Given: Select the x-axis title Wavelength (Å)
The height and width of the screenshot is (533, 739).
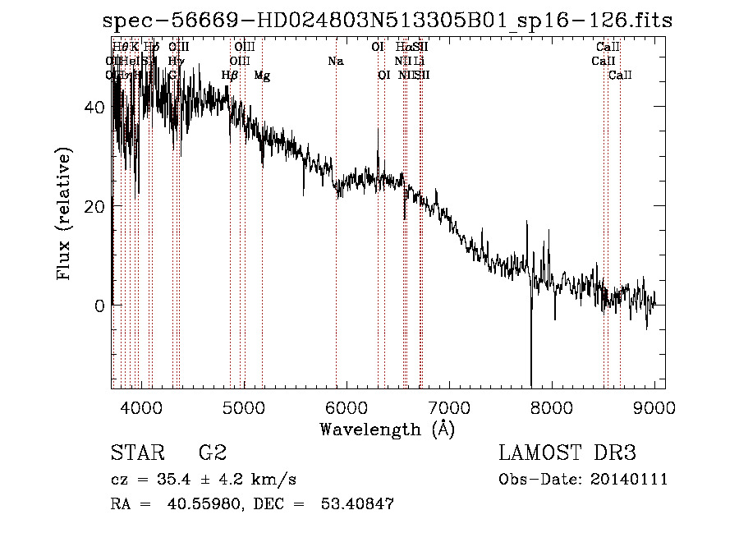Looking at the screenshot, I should [x=387, y=429].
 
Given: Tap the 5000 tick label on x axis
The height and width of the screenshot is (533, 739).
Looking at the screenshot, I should [x=244, y=407].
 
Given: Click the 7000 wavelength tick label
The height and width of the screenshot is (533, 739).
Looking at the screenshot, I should [x=449, y=407].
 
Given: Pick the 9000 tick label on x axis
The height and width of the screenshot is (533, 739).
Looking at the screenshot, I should [x=654, y=407].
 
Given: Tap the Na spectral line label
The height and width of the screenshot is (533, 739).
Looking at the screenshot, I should [x=335, y=62].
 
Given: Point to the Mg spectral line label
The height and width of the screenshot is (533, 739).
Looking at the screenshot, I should [x=262, y=76].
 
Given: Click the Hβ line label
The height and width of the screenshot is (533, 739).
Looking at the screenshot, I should [x=230, y=76].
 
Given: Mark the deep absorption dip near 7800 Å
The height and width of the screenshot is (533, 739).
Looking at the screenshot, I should [x=531, y=361].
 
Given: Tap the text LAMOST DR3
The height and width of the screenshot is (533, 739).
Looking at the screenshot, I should [x=567, y=454].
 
